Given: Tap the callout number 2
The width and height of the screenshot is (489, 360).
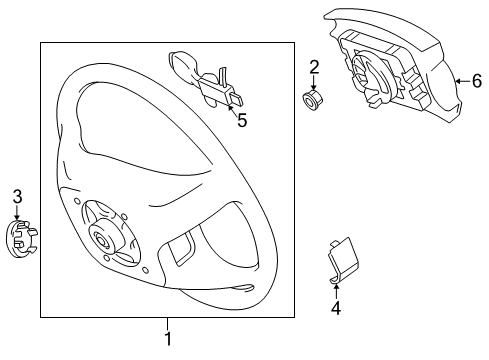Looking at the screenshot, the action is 314,67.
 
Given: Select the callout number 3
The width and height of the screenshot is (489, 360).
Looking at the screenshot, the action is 17,196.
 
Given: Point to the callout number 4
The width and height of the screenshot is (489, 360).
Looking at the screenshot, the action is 336,308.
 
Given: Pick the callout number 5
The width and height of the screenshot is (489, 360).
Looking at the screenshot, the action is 239,120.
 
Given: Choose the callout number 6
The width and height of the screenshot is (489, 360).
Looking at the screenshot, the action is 476,81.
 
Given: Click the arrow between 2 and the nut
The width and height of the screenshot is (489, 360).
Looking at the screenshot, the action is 313,82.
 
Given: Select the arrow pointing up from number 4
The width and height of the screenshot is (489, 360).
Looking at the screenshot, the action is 336,291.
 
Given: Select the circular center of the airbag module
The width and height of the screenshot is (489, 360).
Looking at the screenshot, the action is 364,70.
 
